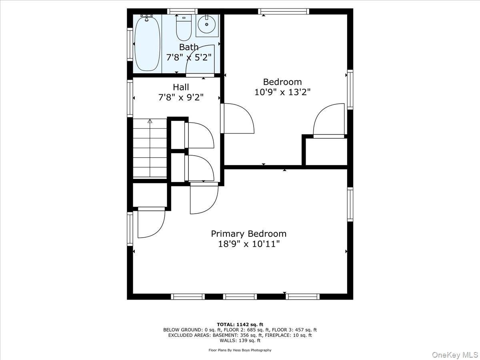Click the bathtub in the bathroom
coord(147,44)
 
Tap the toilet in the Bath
coord(184,28)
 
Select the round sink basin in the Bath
coord(207,24)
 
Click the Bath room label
coord(189,47)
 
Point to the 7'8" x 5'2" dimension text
coord(189,58)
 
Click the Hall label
coord(181,87)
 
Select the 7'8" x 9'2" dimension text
coord(181,98)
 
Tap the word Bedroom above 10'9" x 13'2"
coord(282,82)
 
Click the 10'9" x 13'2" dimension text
coord(282,92)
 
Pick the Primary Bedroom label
coord(249,234)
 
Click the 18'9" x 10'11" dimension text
coord(249,244)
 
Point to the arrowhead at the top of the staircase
coord(150,121)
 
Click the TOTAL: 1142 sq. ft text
coord(240,324)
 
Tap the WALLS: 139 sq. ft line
coord(240,340)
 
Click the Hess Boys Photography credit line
coord(240,350)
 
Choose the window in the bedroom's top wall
coord(284,11)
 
